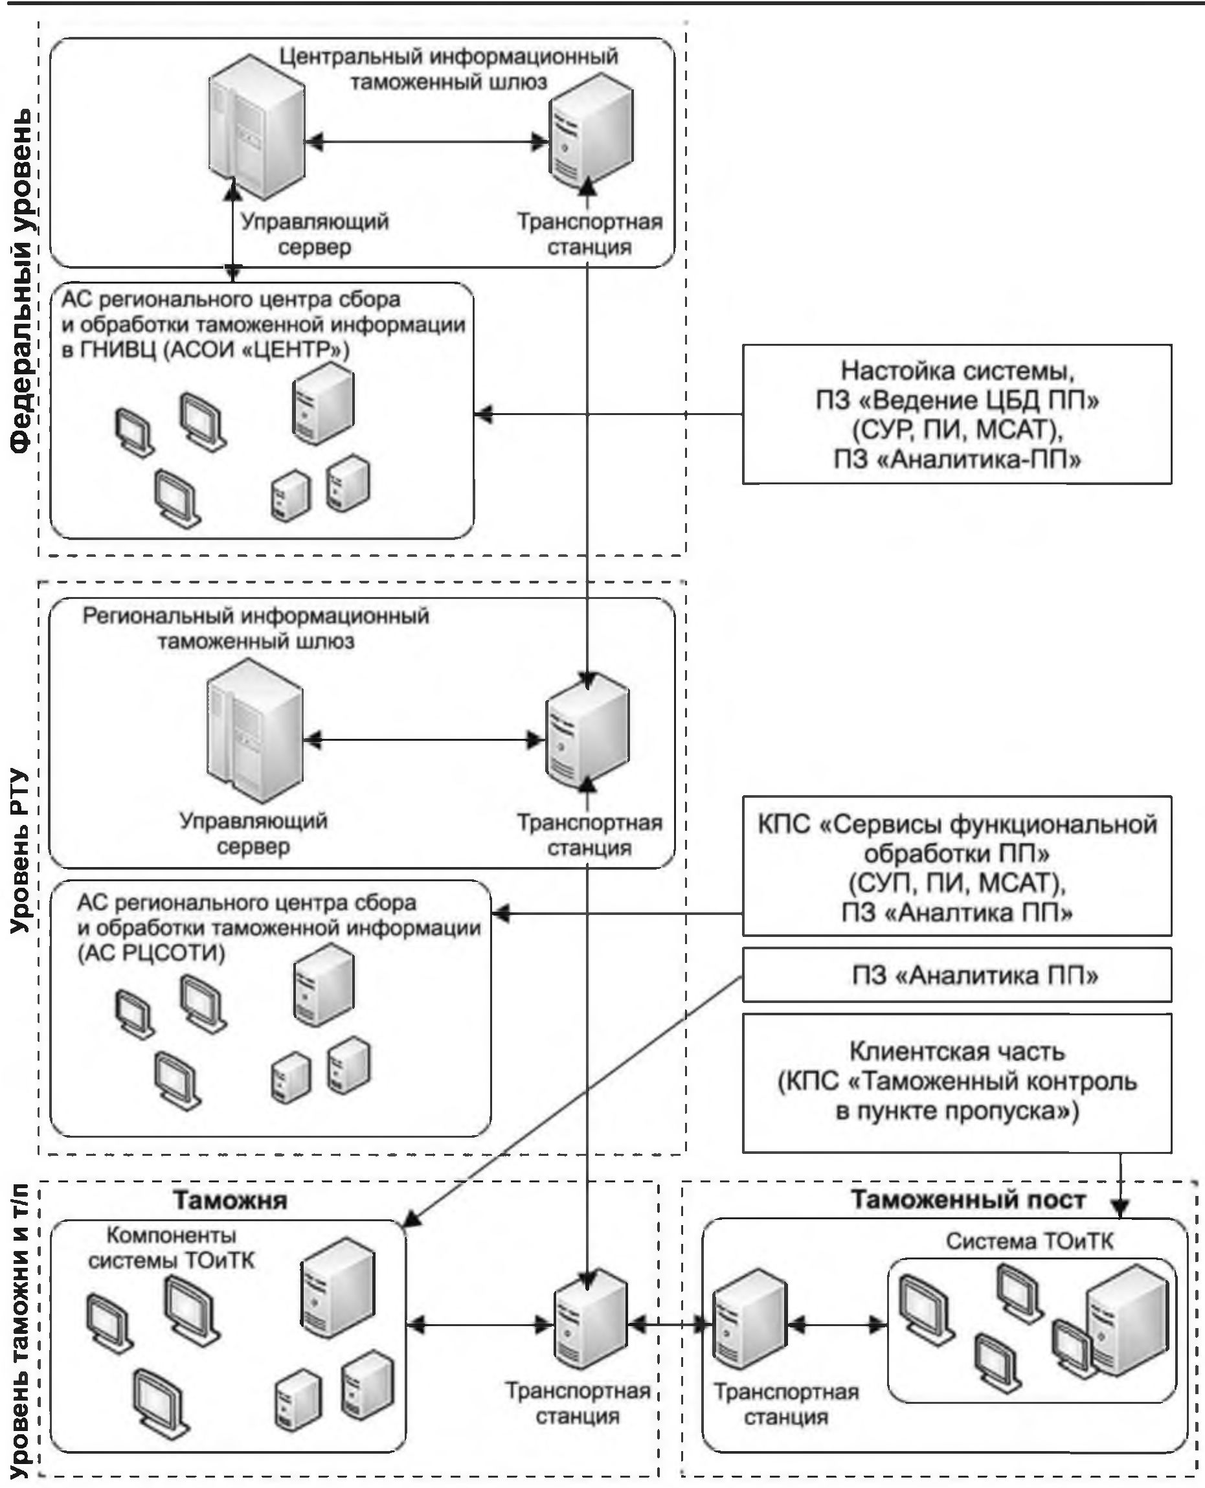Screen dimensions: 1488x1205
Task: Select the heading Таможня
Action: [x=230, y=1200]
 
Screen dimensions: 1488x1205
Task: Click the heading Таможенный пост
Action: [x=967, y=1199]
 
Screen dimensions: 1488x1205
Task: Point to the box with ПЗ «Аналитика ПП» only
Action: [x=956, y=976]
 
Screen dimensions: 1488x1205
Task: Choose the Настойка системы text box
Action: [x=956, y=414]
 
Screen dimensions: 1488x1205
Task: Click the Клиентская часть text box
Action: [x=956, y=1083]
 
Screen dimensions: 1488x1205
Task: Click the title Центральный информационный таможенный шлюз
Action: [x=449, y=69]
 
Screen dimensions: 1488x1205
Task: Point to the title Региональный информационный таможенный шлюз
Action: [x=255, y=628]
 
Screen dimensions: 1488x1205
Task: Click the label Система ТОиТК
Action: [x=1029, y=1242]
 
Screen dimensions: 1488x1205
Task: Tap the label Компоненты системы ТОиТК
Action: [x=172, y=1248]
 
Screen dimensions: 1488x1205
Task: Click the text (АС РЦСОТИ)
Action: [x=152, y=954]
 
